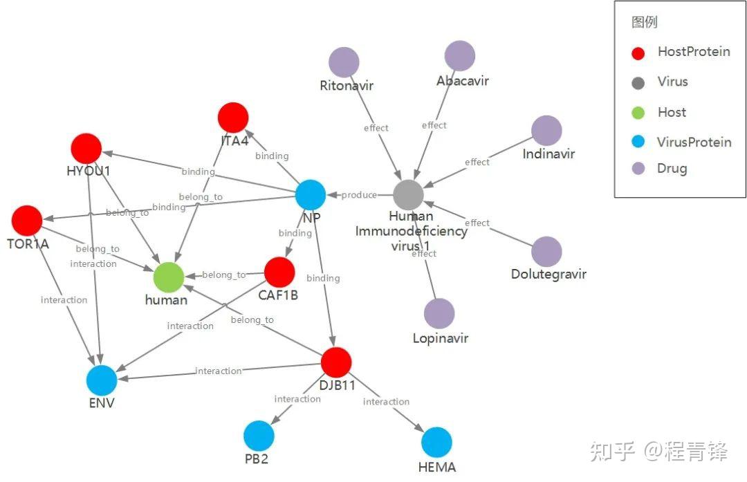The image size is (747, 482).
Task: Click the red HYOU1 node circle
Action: (86, 149)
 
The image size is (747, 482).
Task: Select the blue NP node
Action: (311, 194)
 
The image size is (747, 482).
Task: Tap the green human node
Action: (169, 277)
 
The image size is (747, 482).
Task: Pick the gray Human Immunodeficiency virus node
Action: (409, 195)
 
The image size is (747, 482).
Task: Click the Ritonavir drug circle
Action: (344, 62)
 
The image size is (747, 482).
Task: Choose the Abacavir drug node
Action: (459, 56)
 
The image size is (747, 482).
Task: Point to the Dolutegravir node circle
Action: (547, 252)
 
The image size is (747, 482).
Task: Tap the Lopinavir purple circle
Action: (439, 314)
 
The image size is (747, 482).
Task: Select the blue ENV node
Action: (102, 380)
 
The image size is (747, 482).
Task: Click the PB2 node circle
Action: (259, 436)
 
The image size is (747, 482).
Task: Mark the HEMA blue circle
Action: (436, 442)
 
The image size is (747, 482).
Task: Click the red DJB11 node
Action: (337, 362)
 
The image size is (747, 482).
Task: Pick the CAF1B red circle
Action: (279, 272)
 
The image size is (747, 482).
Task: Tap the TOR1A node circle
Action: (27, 221)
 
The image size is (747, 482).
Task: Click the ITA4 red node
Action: (233, 118)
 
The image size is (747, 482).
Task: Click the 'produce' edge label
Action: (359, 195)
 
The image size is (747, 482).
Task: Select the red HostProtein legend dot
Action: (638, 53)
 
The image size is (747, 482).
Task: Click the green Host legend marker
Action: (638, 113)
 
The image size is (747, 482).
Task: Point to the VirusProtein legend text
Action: (694, 142)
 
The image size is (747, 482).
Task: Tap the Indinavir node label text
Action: (548, 154)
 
